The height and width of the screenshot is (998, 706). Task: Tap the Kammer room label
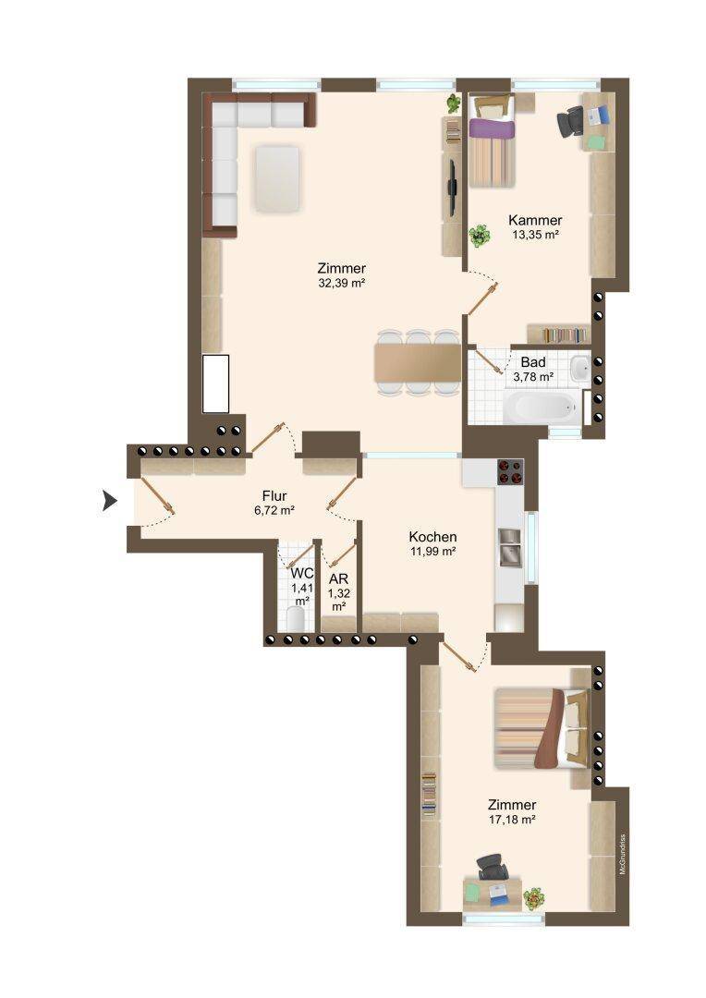pyautogui.click(x=535, y=220)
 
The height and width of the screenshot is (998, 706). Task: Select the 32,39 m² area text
pyautogui.click(x=341, y=284)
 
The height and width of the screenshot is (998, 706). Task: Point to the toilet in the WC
pyautogui.click(x=297, y=618)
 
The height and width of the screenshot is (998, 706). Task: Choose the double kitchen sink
pyautogui.click(x=509, y=547)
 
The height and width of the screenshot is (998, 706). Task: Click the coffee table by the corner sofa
pyautogui.click(x=277, y=179)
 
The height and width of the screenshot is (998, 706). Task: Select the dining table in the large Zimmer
pyautogui.click(x=418, y=363)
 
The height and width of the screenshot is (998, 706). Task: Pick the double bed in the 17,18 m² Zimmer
pyautogui.click(x=542, y=729)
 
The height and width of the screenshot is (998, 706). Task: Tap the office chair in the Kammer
pyautogui.click(x=570, y=121)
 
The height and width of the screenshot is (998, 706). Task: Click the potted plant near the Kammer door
pyautogui.click(x=480, y=237)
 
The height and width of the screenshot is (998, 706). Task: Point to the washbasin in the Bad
pyautogui.click(x=580, y=369)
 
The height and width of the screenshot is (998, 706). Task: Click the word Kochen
pyautogui.click(x=432, y=537)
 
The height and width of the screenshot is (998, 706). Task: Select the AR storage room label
pyautogui.click(x=338, y=579)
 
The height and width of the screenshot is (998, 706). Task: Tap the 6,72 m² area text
pyautogui.click(x=274, y=510)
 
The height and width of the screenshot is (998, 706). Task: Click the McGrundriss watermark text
pyautogui.click(x=623, y=854)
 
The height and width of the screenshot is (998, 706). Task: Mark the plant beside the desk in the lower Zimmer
pyautogui.click(x=533, y=899)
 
